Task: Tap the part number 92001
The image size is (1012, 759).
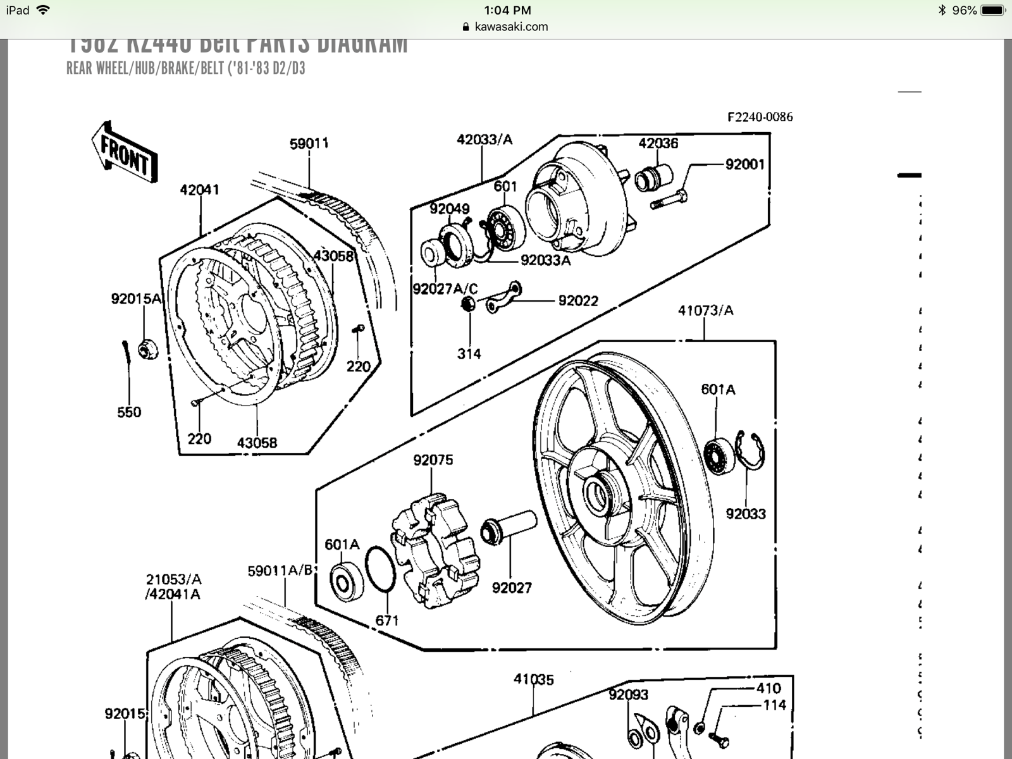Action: tap(744, 164)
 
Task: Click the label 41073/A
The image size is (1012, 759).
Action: tap(705, 311)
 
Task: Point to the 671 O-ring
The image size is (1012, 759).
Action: tap(381, 570)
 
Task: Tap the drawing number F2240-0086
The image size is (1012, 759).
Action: tap(760, 117)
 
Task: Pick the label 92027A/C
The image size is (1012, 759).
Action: tap(445, 289)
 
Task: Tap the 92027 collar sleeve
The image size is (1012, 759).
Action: tap(509, 528)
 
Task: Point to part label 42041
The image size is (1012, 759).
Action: tap(199, 190)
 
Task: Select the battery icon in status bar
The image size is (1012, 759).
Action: tap(992, 10)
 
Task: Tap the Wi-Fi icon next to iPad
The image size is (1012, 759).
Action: tap(43, 10)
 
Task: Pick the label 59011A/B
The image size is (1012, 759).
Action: tap(280, 571)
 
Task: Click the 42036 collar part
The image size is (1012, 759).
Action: tap(651, 176)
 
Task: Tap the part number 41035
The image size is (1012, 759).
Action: tap(533, 679)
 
